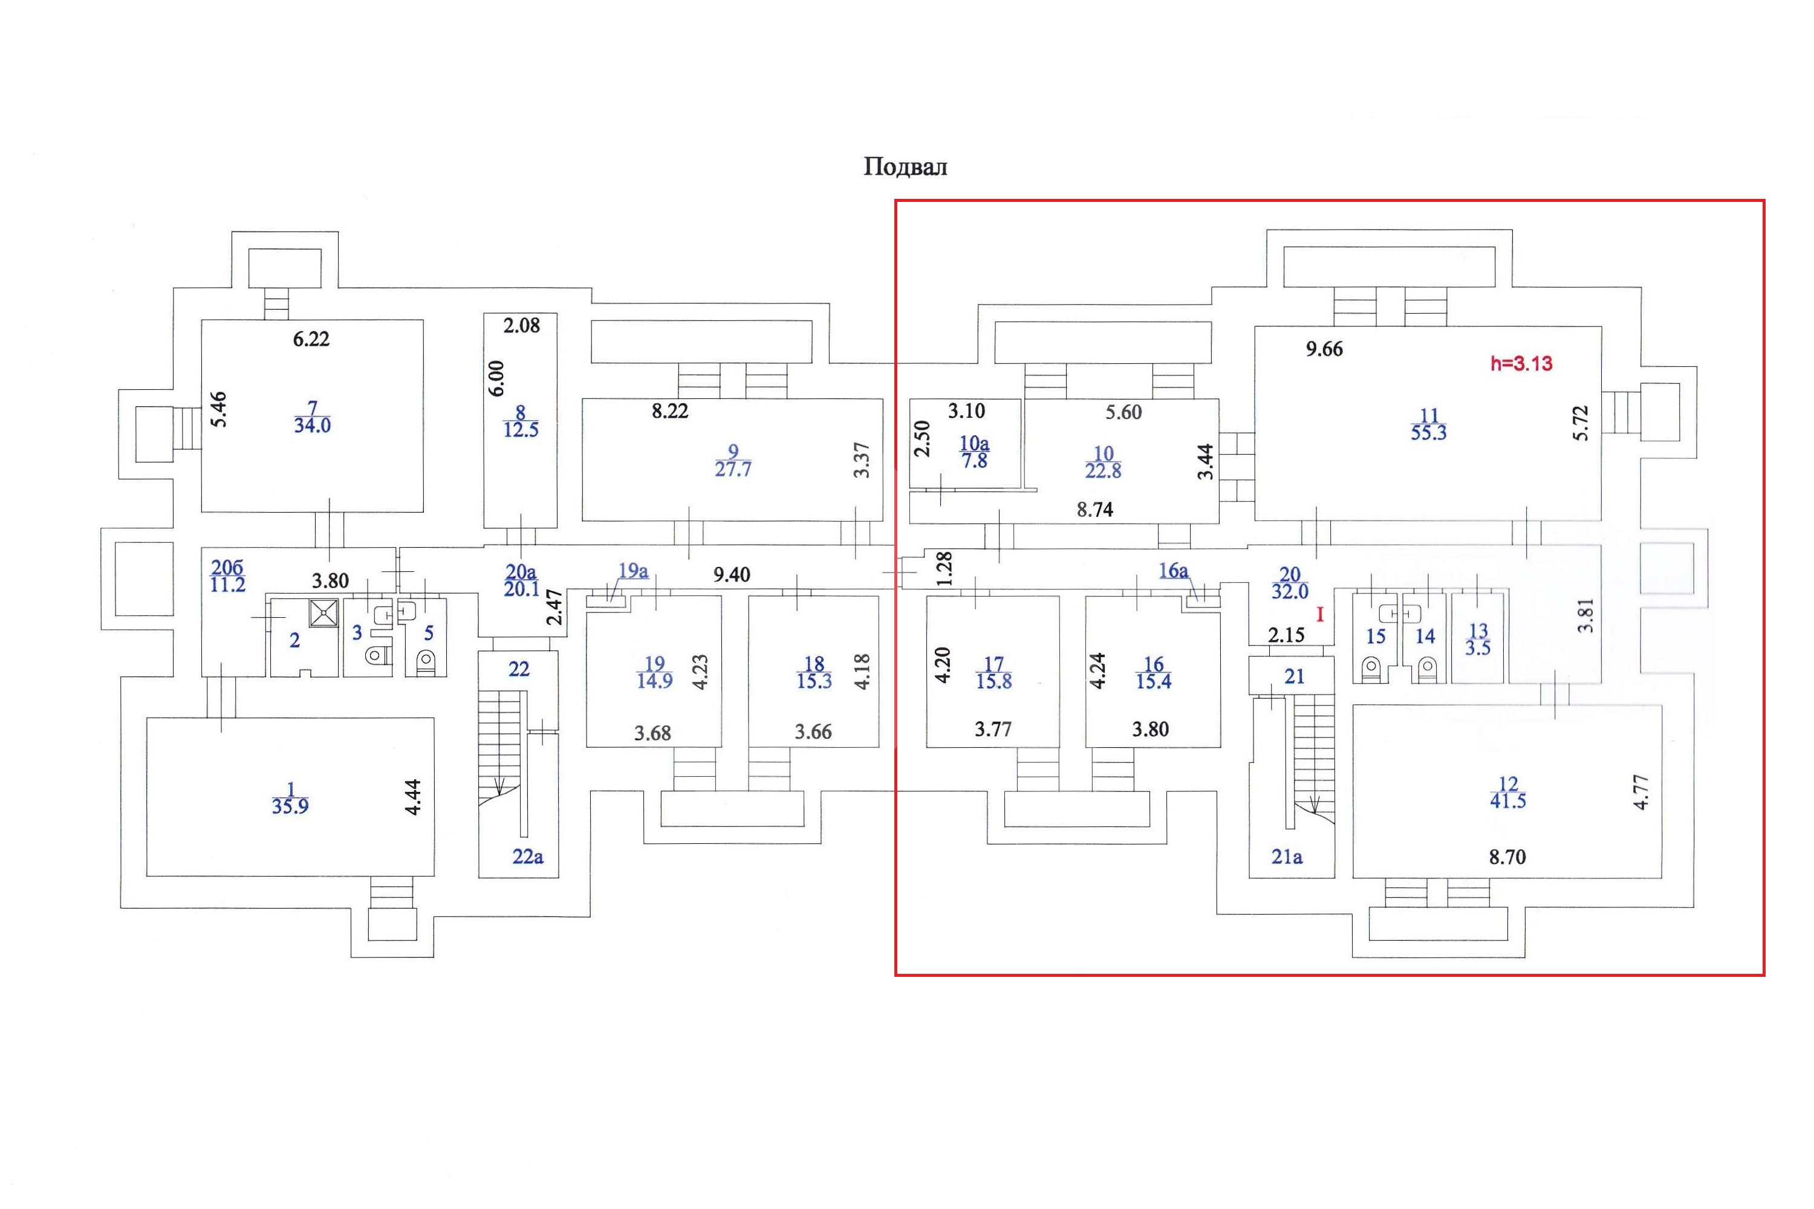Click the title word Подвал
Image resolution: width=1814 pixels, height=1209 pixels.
905,167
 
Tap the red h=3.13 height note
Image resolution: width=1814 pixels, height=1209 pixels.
1521,363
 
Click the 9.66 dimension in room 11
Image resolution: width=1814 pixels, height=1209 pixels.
1324,349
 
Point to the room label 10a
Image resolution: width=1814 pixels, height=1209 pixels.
974,443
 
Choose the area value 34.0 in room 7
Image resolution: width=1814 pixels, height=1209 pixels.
313,425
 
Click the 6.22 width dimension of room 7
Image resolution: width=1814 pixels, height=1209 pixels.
311,339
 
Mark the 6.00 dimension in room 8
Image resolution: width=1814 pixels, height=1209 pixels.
496,378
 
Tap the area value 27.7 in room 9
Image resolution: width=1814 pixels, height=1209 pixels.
733,469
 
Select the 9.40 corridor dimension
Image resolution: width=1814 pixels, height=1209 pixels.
731,574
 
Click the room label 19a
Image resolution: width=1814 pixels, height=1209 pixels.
633,571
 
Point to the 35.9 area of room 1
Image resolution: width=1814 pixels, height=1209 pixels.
290,806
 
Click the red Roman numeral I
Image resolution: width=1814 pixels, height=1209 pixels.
1319,615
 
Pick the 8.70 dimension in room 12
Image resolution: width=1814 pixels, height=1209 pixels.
1507,857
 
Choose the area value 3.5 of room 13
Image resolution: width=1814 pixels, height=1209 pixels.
1478,647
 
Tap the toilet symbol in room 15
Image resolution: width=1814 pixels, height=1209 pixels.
1371,667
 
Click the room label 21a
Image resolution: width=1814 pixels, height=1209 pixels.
1287,856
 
